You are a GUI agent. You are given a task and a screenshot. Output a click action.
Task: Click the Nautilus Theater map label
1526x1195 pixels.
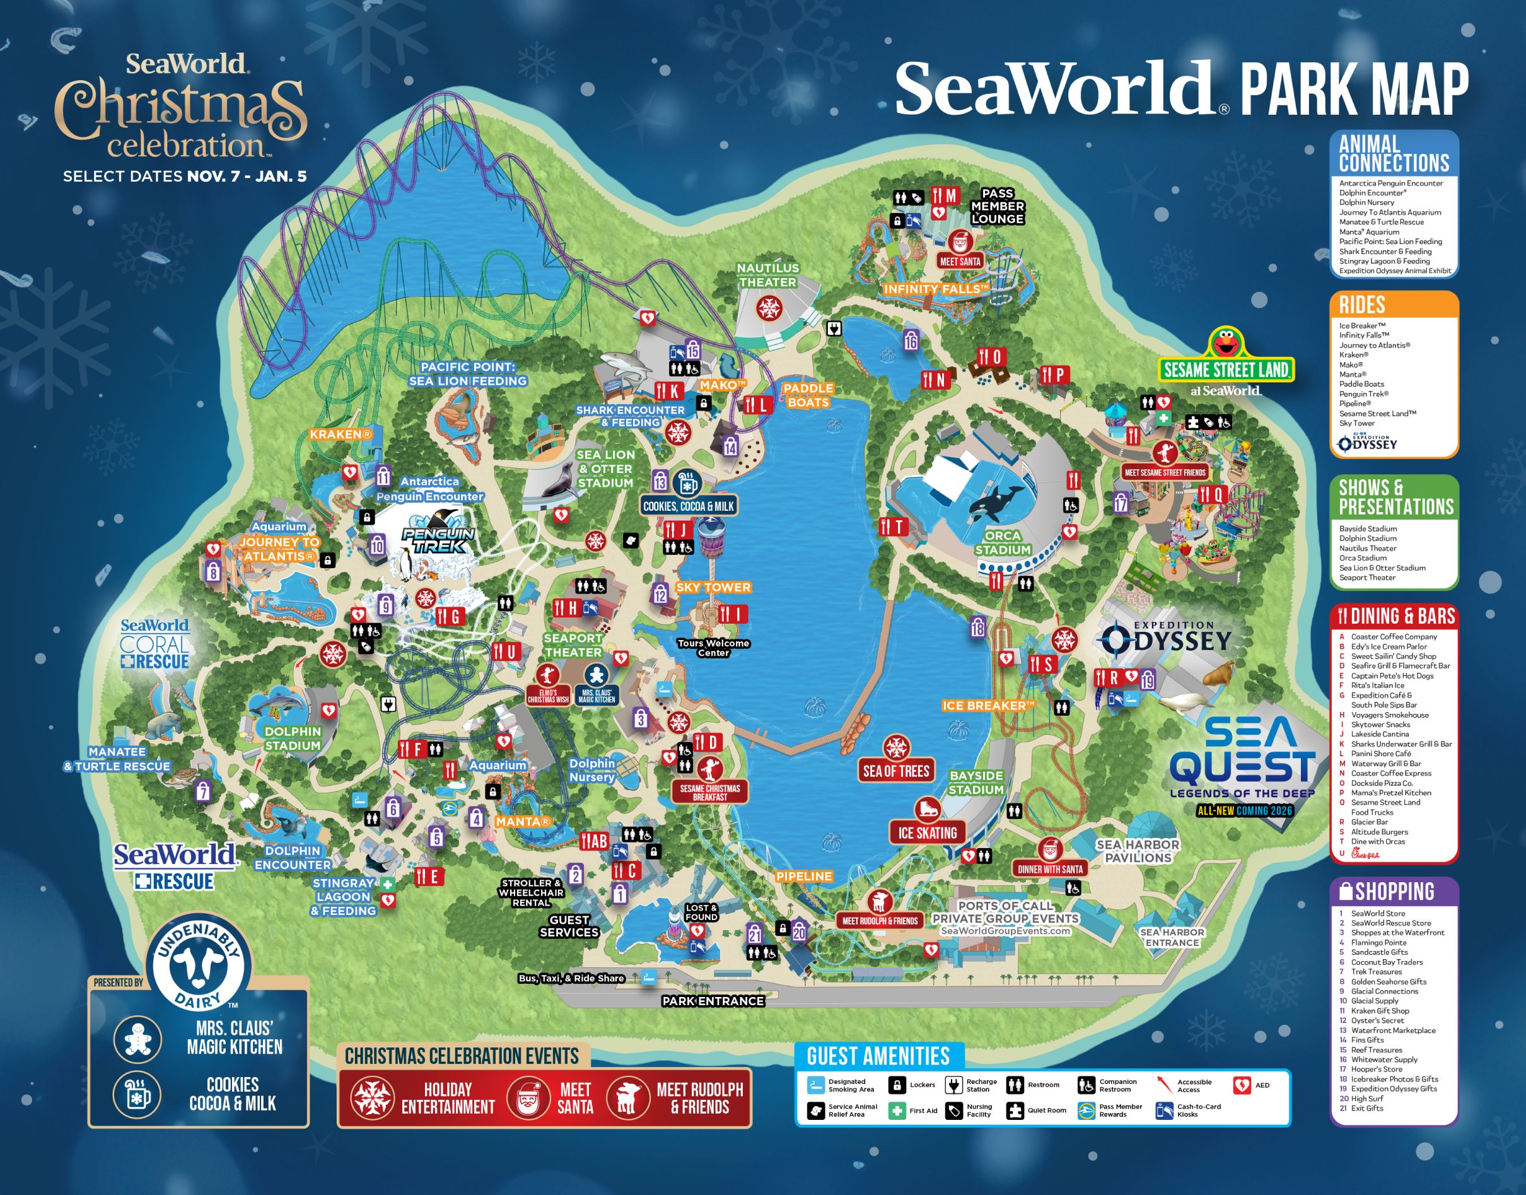[x=767, y=275]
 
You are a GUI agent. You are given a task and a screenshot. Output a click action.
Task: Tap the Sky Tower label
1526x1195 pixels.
[x=713, y=588]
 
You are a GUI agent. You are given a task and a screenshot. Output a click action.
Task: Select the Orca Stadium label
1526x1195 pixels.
[x=1003, y=543]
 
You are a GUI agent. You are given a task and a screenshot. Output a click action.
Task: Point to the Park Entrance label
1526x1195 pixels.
[x=713, y=1001]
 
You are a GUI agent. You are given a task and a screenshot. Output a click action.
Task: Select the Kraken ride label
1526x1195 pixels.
[x=341, y=434]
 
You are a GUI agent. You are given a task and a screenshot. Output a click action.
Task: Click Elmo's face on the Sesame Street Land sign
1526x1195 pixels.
[x=1225, y=343]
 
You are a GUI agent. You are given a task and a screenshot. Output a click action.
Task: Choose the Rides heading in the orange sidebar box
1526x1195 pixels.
[x=1361, y=305]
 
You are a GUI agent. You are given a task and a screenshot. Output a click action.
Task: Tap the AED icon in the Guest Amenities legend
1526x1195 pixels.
[x=1242, y=1085]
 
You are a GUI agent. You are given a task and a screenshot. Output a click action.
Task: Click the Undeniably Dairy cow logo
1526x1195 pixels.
[x=198, y=967]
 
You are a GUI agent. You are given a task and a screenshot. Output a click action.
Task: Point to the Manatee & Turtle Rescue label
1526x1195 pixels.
[x=117, y=759]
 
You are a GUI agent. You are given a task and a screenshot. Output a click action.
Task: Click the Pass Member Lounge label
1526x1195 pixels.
[x=997, y=206]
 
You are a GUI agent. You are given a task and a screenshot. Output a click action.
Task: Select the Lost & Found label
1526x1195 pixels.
[x=701, y=912]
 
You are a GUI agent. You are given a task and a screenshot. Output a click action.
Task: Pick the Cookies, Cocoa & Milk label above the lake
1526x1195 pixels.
[x=688, y=506]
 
